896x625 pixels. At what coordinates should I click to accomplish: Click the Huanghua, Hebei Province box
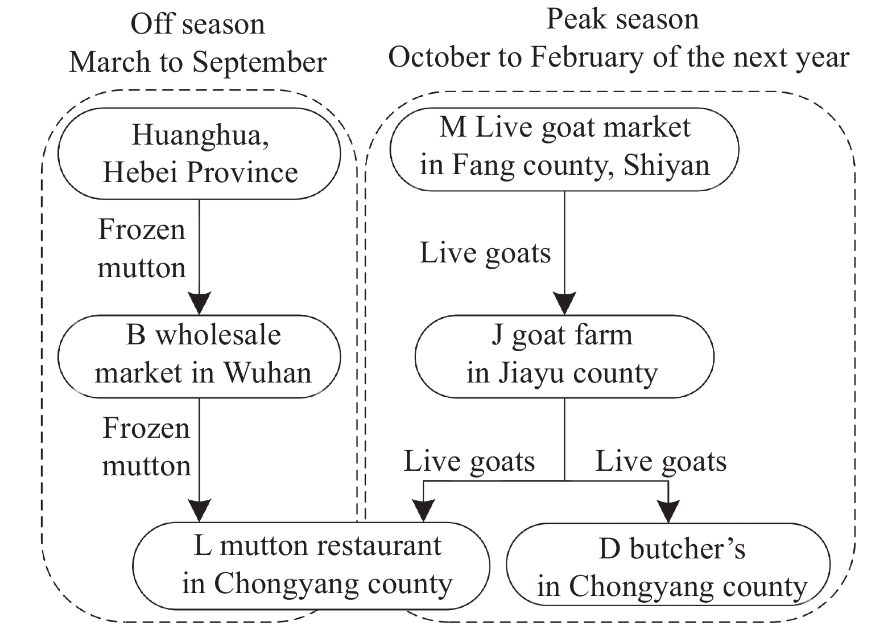(x=200, y=154)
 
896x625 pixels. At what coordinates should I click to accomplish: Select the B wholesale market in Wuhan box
(x=200, y=356)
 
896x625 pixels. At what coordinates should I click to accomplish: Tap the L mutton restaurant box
(x=312, y=565)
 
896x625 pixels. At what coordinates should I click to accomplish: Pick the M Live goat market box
(x=564, y=147)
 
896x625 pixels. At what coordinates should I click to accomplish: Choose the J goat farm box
(x=564, y=356)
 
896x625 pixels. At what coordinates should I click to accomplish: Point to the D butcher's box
(x=668, y=565)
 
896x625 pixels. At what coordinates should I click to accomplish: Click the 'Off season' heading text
(x=197, y=24)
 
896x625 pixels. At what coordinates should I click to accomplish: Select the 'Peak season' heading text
(x=622, y=19)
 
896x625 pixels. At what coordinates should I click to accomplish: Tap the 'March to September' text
(x=197, y=62)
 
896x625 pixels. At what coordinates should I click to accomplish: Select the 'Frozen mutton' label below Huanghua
(x=142, y=249)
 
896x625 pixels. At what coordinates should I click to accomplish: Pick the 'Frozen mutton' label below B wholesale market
(x=146, y=447)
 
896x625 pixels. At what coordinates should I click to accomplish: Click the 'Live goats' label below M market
(x=485, y=253)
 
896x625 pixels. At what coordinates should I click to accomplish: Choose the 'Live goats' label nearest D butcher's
(x=660, y=461)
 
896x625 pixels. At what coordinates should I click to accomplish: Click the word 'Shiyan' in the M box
(x=667, y=166)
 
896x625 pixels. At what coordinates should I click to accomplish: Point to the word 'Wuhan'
(x=267, y=373)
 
